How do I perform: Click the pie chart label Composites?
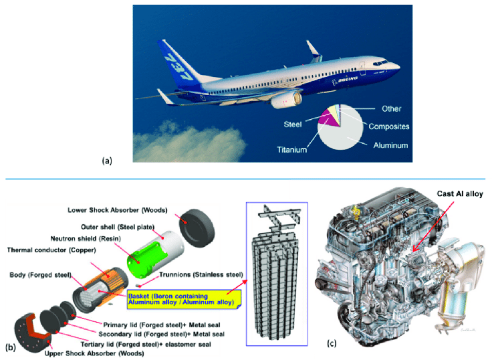(x=389, y=126)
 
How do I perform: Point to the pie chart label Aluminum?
(x=390, y=145)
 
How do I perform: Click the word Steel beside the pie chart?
(x=292, y=124)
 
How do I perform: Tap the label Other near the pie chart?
(x=391, y=108)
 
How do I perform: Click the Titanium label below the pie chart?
(x=292, y=150)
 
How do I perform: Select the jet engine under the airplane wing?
(x=286, y=99)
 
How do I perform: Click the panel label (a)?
(x=107, y=161)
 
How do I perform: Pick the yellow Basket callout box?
(x=184, y=299)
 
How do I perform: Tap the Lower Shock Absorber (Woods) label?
(x=118, y=210)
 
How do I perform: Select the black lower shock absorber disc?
(x=197, y=228)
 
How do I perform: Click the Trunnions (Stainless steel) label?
(x=201, y=274)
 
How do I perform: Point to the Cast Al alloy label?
(x=460, y=194)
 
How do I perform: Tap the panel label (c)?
(x=332, y=343)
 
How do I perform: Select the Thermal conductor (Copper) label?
(x=51, y=250)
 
